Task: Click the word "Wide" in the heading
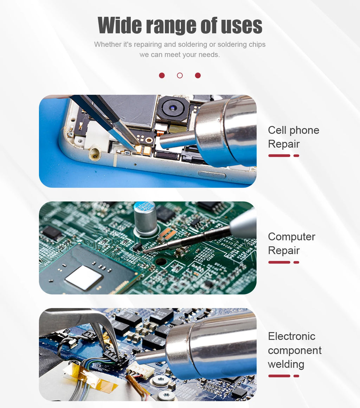pyautogui.click(x=120, y=25)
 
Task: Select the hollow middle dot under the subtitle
pyautogui.click(x=180, y=76)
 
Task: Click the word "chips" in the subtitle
pyautogui.click(x=257, y=45)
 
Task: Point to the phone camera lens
pyautogui.click(x=173, y=108)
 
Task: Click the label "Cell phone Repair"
pyautogui.click(x=293, y=137)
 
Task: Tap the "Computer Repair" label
pyautogui.click(x=291, y=244)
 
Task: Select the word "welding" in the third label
pyautogui.click(x=286, y=364)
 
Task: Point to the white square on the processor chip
pyautogui.click(x=83, y=277)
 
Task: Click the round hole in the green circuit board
pyautogui.click(x=161, y=261)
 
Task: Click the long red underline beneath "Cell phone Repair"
pyautogui.click(x=279, y=156)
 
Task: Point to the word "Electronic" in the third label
pyautogui.click(x=291, y=336)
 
